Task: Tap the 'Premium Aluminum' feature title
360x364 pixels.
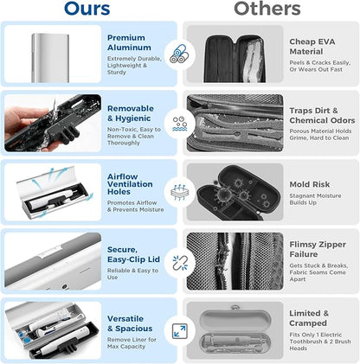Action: tap(127, 44)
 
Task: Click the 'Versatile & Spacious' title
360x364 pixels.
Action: tap(129, 323)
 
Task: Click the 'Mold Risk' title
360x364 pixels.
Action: tap(310, 184)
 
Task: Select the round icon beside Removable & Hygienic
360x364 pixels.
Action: tap(180, 123)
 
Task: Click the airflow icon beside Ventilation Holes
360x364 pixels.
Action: tap(180, 190)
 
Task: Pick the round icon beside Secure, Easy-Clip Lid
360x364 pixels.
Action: tap(180, 260)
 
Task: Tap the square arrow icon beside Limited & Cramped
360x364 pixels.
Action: tap(180, 331)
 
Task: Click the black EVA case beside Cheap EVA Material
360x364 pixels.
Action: tap(234, 54)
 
